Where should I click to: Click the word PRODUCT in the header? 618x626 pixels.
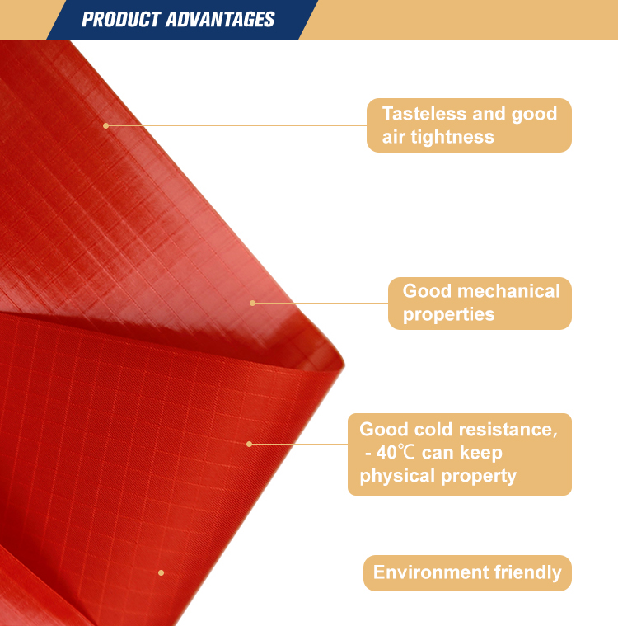(x=121, y=20)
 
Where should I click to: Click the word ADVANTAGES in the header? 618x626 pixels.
(x=220, y=20)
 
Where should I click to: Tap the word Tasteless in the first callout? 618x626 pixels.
(x=424, y=114)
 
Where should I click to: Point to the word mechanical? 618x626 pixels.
(x=508, y=291)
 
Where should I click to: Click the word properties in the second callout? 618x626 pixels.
(x=448, y=314)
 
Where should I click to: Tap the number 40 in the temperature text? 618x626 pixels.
(x=386, y=453)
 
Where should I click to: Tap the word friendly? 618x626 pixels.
(x=528, y=572)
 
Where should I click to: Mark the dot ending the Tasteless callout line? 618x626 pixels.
(x=105, y=125)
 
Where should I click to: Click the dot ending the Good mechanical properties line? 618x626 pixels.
(x=252, y=303)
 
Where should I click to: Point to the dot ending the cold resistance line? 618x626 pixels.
(x=250, y=444)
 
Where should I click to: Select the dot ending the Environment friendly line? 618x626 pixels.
(x=162, y=573)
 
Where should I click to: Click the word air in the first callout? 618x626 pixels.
(x=393, y=137)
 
